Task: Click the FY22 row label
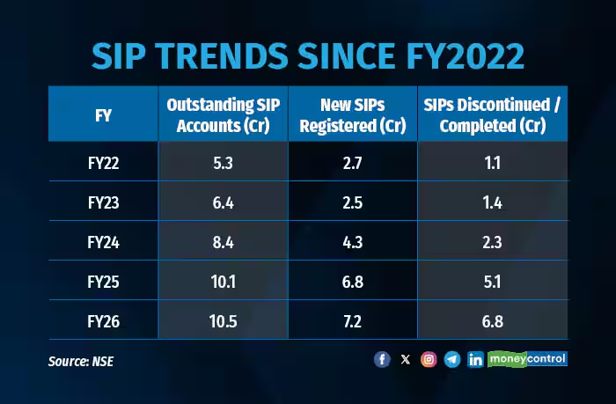(x=102, y=162)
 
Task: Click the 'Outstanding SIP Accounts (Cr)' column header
(x=223, y=114)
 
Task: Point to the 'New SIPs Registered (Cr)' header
(x=352, y=114)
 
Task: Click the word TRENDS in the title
(x=228, y=55)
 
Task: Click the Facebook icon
(x=382, y=359)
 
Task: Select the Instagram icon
(x=429, y=359)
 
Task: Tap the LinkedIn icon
(x=475, y=359)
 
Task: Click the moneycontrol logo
(x=528, y=359)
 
